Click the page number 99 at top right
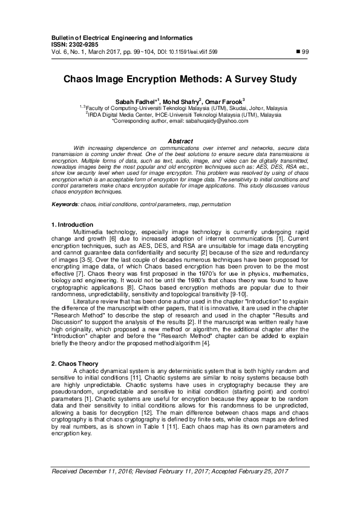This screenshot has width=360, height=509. coord(306,51)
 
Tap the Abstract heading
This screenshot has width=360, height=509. coord(180,141)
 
